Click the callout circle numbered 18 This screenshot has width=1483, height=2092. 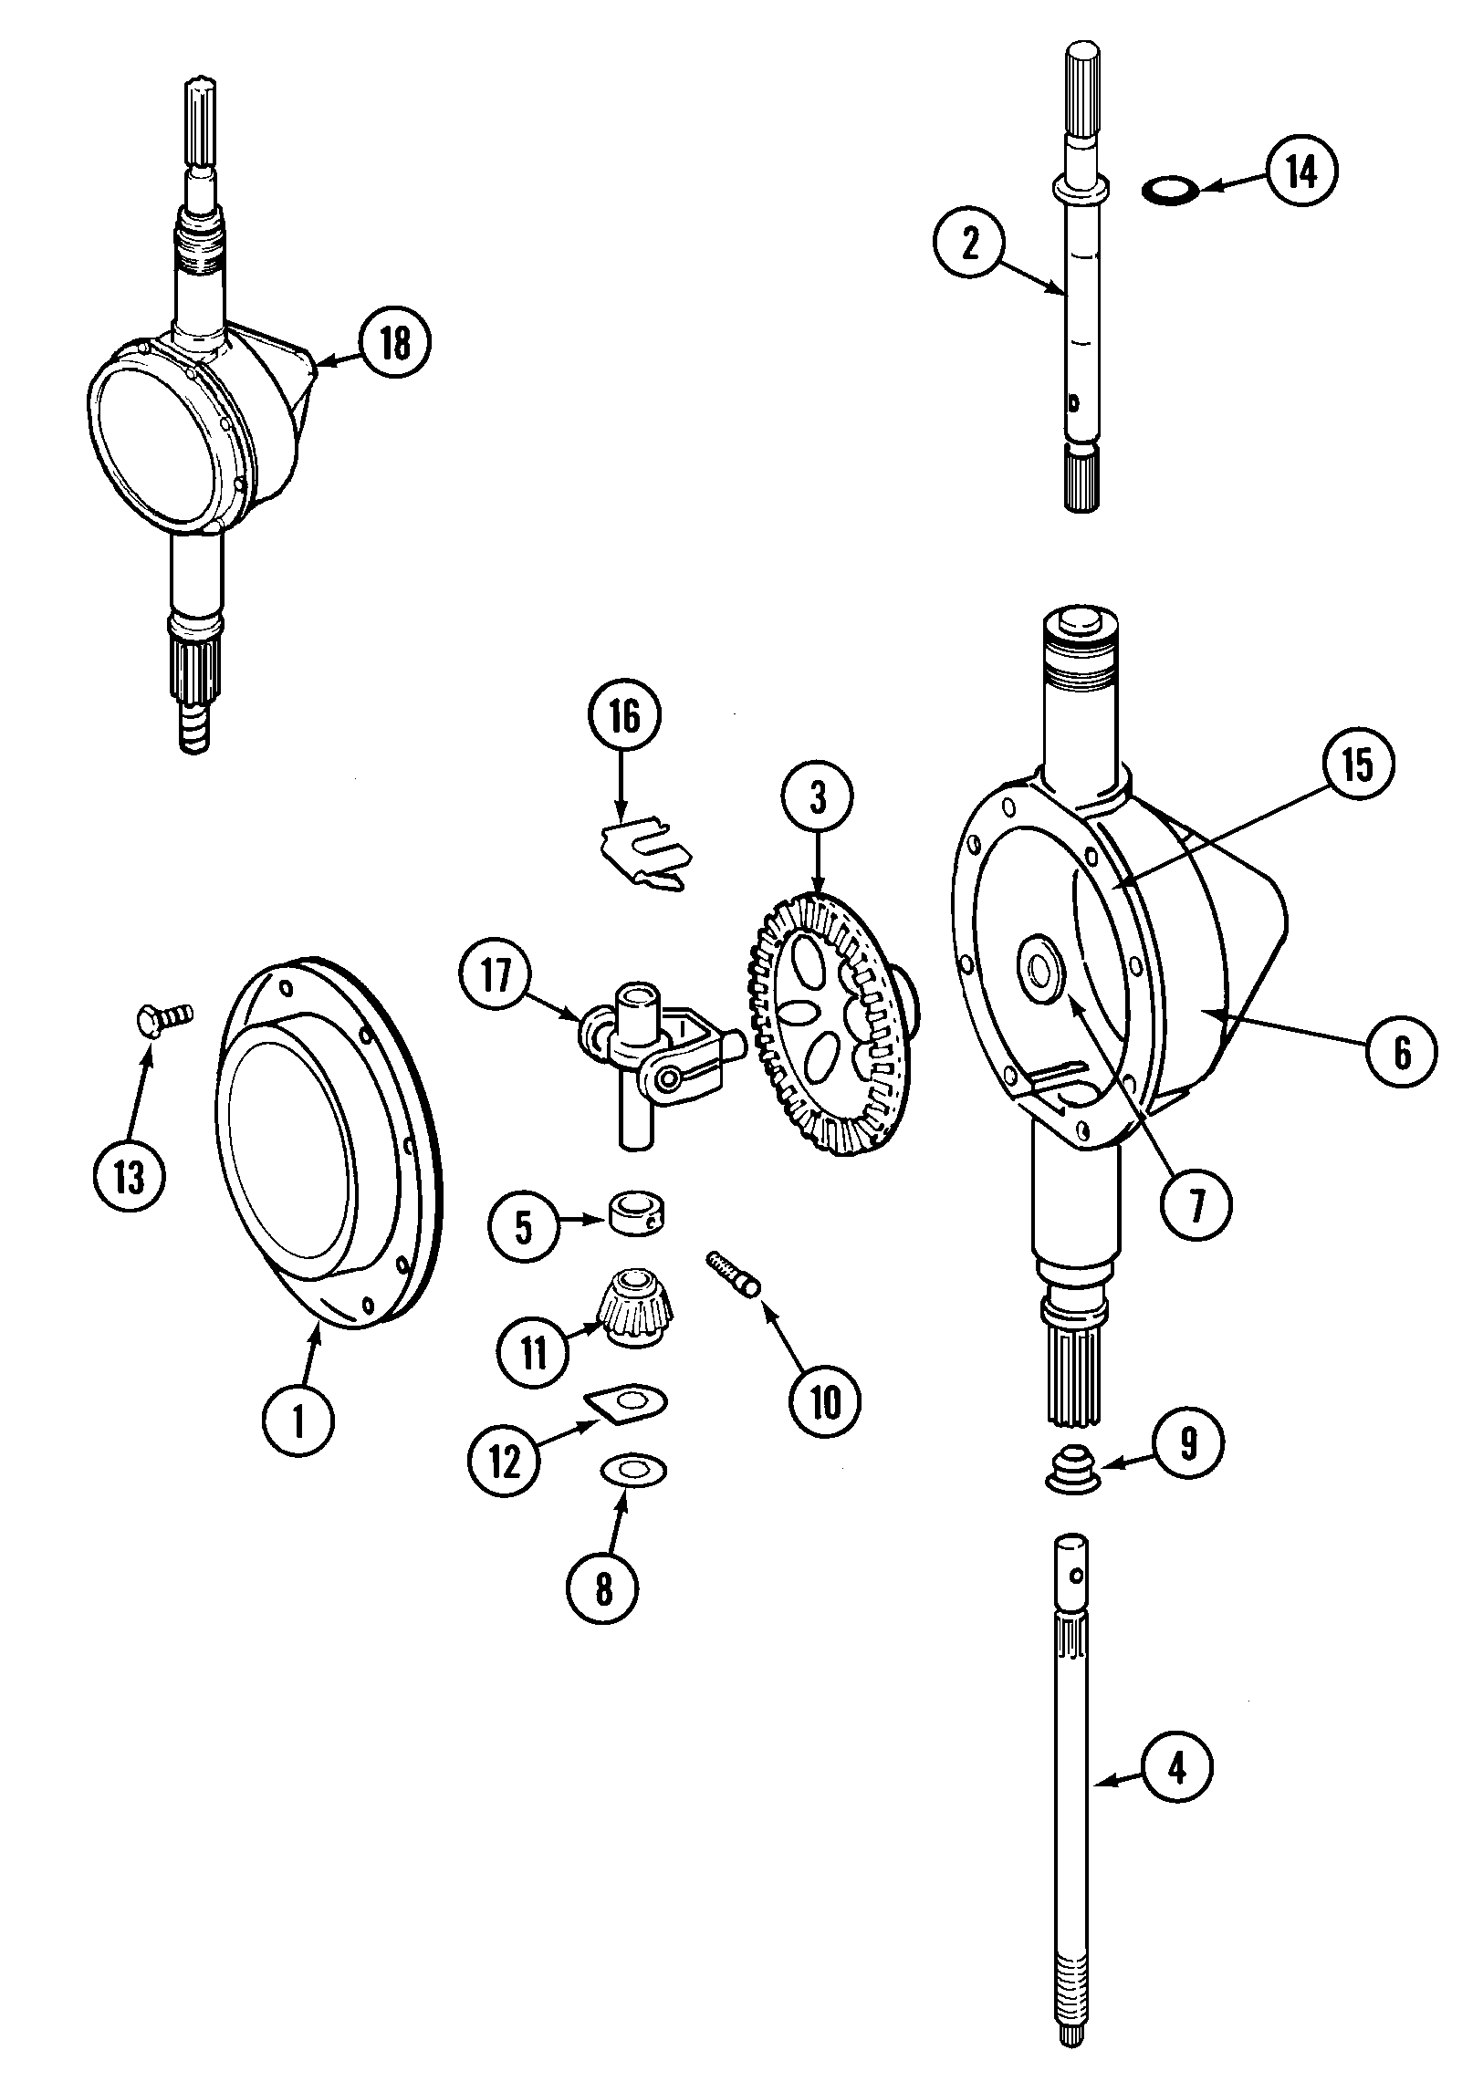(393, 344)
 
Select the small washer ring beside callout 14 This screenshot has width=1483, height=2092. (1171, 190)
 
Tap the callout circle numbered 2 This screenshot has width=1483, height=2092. (969, 244)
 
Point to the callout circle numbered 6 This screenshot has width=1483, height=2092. (1402, 1053)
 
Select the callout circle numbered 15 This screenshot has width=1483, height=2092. (1358, 764)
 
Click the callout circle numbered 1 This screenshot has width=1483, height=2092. (298, 1421)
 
